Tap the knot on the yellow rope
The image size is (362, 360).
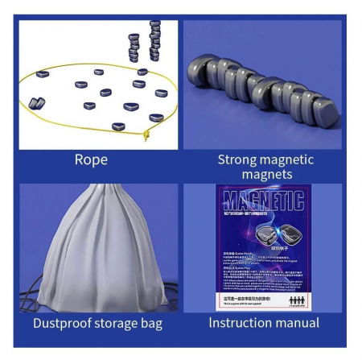point(146,136)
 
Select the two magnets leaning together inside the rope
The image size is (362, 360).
point(37,101)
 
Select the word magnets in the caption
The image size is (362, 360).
point(265,175)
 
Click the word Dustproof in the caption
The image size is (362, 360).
point(65,323)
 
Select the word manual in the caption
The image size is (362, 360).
point(298,323)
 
